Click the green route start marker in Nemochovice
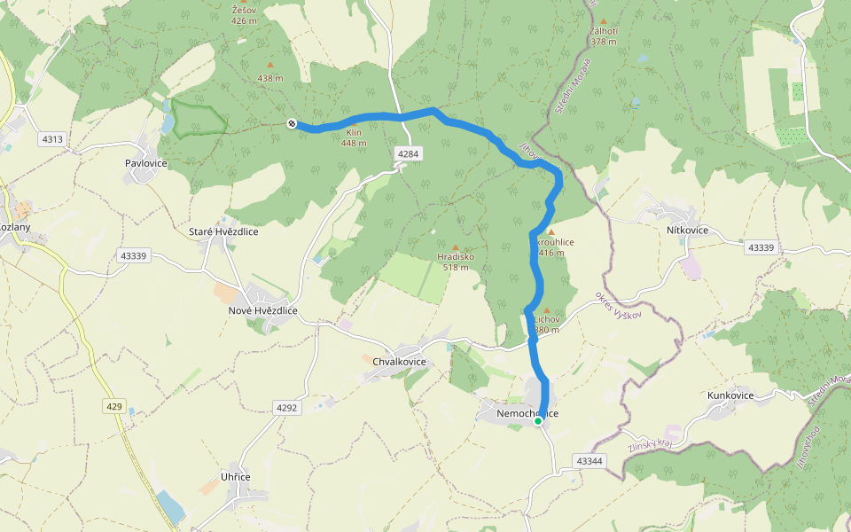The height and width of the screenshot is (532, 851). [x=538, y=421]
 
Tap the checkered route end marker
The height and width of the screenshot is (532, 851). [x=292, y=123]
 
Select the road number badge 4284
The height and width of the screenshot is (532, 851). [x=408, y=154]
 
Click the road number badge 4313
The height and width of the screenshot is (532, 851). [x=52, y=139]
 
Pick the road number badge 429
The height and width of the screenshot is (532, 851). [x=113, y=406]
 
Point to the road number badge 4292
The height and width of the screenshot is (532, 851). [x=287, y=408]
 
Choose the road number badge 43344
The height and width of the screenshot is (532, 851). [x=589, y=461]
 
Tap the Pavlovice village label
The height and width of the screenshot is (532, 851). [x=146, y=164]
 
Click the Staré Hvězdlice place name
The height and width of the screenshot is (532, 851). [x=223, y=231]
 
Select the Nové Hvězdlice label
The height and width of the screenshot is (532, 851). [x=263, y=311]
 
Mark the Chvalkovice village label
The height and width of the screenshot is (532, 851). [x=394, y=362]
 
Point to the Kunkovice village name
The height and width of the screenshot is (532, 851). [x=730, y=395]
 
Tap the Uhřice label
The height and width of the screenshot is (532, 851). [x=235, y=477]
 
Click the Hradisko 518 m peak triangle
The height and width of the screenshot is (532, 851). [x=456, y=247]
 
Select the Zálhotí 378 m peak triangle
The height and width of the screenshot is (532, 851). [x=604, y=21]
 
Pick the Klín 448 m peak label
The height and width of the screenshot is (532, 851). [x=354, y=137]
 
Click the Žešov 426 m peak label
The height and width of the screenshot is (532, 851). [x=245, y=14]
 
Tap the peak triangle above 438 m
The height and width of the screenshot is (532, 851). [x=270, y=65]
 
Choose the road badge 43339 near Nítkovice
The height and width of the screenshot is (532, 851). [x=761, y=247]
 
